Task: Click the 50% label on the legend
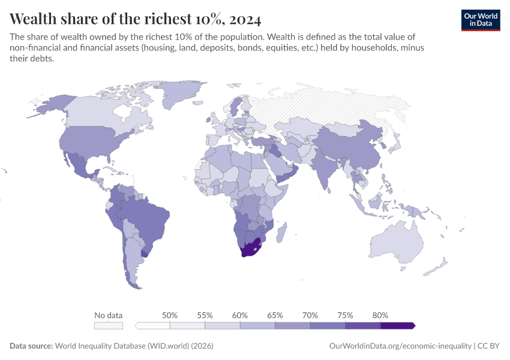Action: pos(170,315)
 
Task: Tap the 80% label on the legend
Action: pos(380,315)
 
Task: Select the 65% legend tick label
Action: pos(275,315)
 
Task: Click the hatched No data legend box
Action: pos(109,325)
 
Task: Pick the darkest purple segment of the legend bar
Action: pos(397,325)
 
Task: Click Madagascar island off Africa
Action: pos(283,230)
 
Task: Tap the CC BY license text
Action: pos(489,346)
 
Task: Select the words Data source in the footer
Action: pos(31,346)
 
